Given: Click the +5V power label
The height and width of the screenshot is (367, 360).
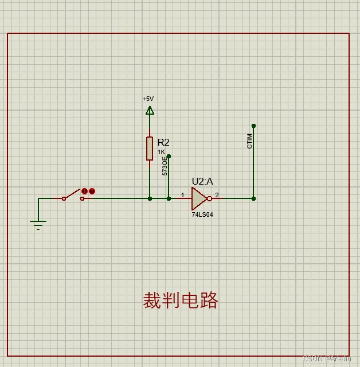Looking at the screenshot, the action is pyautogui.click(x=148, y=99).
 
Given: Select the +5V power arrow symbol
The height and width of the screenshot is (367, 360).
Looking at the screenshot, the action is pyautogui.click(x=150, y=110).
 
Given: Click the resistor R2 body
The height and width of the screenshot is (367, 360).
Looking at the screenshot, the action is pyautogui.click(x=150, y=149).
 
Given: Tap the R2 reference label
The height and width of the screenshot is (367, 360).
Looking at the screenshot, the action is pyautogui.click(x=163, y=142).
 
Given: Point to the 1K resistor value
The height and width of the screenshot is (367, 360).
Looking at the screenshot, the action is pyautogui.click(x=161, y=152).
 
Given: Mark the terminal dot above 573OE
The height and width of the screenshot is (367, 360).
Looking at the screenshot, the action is pyautogui.click(x=169, y=155).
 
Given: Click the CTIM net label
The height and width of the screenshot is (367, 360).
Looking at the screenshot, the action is pyautogui.click(x=249, y=141).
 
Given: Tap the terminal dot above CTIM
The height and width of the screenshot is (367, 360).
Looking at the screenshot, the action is pyautogui.click(x=253, y=126).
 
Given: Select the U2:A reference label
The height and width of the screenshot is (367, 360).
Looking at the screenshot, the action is pyautogui.click(x=202, y=181).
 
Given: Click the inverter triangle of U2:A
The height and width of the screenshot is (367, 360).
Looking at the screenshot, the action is pyautogui.click(x=199, y=198).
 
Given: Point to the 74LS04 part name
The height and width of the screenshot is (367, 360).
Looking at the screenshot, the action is pyautogui.click(x=202, y=214).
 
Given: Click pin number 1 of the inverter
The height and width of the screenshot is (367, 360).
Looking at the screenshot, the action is pyautogui.click(x=183, y=195).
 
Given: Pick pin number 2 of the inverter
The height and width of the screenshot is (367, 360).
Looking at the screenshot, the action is pyautogui.click(x=217, y=195).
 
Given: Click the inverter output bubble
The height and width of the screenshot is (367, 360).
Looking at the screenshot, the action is pyautogui.click(x=210, y=198).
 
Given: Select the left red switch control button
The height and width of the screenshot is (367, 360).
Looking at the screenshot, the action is pyautogui.click(x=85, y=191).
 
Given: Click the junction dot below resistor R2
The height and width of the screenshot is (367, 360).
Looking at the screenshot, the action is pyautogui.click(x=150, y=198).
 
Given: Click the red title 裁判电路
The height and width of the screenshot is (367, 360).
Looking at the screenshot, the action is pyautogui.click(x=181, y=300).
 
